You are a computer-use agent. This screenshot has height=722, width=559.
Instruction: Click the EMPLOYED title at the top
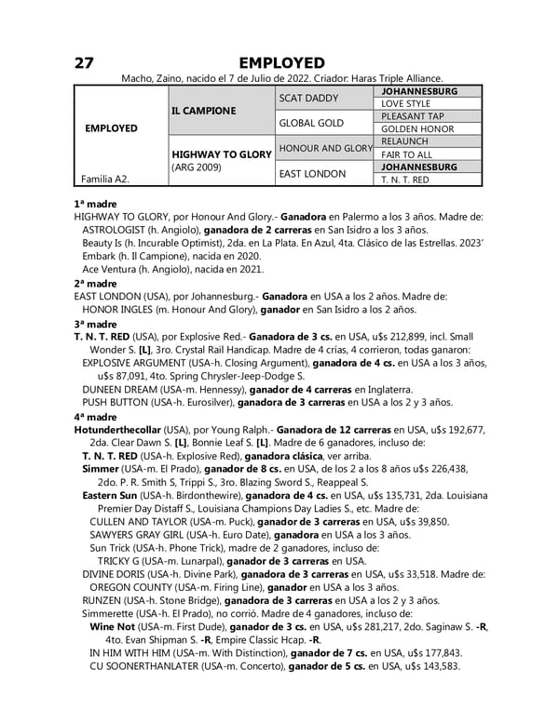[x=281, y=62]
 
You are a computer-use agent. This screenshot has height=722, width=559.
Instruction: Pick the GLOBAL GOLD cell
[x=312, y=123]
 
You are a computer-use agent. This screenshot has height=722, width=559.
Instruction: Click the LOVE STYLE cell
[x=405, y=104]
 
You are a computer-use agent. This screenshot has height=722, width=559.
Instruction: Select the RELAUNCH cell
[x=405, y=141]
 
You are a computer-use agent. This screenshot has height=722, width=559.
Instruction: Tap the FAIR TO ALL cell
[x=407, y=154]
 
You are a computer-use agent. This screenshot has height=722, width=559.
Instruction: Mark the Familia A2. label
[x=103, y=179]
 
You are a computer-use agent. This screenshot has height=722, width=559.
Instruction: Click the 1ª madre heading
[x=94, y=203]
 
